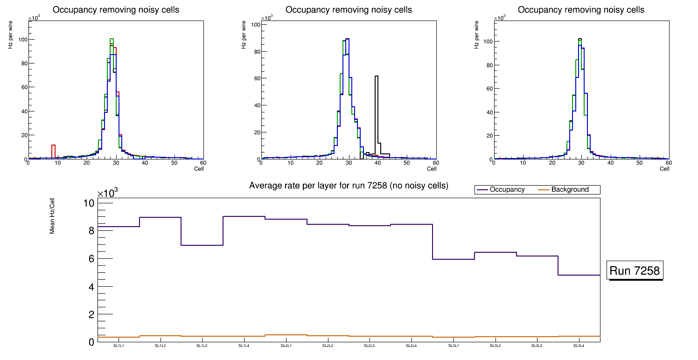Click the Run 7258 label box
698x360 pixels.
(635, 270)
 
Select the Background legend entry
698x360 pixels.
(570, 190)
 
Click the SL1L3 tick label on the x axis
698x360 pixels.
(202, 346)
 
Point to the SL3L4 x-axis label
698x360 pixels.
(579, 346)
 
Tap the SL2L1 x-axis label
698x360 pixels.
(286, 346)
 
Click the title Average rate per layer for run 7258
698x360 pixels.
(349, 186)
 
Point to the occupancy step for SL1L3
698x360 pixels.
(202, 245)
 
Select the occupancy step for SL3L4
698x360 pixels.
(579, 275)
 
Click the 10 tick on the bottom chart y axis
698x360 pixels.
(89, 203)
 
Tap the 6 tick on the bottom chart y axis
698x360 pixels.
(91, 259)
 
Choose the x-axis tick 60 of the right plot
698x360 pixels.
(668, 163)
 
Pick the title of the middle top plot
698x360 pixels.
(349, 10)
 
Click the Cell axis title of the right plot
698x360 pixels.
(664, 169)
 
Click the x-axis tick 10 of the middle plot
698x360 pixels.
(290, 163)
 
